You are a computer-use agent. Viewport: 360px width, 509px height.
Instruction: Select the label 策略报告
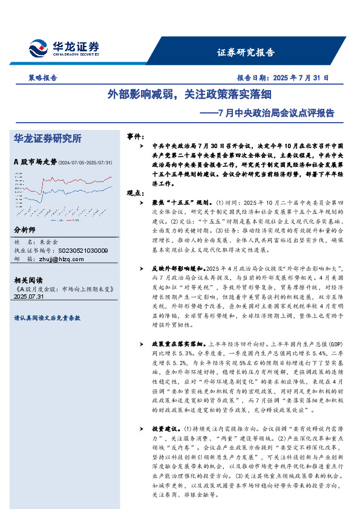tap(43, 78)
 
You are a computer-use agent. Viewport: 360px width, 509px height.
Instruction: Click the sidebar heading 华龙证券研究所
tap(47, 138)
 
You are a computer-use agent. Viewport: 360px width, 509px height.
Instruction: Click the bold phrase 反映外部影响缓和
tap(180, 267)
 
